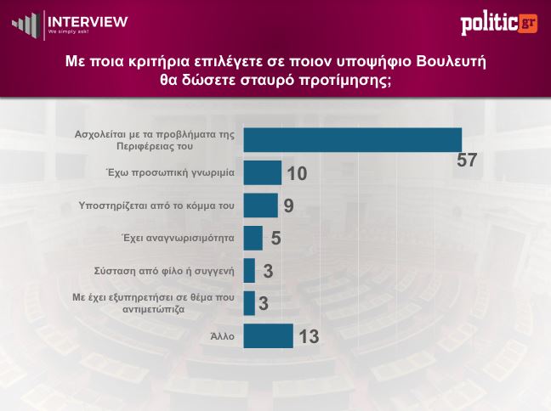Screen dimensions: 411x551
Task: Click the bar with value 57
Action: (352, 140)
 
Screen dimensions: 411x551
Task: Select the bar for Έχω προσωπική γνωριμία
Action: (262, 172)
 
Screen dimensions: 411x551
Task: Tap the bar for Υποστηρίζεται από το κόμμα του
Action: (260, 205)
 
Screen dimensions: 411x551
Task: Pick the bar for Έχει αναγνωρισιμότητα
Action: (253, 238)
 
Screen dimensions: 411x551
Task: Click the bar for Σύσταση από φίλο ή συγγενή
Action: (249, 271)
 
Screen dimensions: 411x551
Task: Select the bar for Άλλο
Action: (268, 336)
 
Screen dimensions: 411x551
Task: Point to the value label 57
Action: (467, 160)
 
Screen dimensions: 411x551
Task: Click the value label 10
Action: (296, 174)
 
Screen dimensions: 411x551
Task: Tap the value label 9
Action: (289, 206)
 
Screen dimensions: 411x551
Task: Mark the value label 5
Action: (275, 239)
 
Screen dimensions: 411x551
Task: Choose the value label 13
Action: (308, 337)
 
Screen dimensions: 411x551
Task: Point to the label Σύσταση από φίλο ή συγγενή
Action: (163, 272)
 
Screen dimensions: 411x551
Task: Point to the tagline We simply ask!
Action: (68, 32)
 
